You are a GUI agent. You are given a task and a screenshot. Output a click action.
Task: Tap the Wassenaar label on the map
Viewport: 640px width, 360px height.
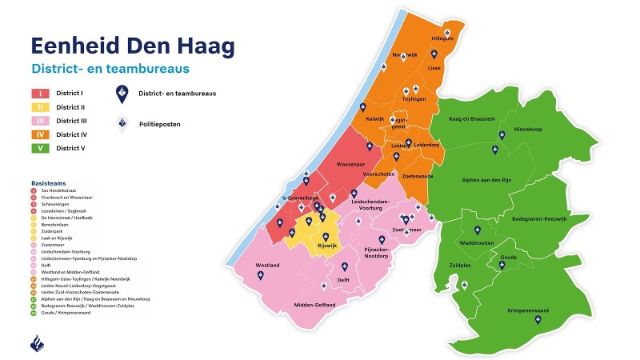click(351, 164)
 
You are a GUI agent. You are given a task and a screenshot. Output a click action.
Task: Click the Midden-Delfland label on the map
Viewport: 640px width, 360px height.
click(315, 305)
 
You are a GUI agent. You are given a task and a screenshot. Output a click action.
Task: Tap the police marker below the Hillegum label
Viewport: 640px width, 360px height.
click(434, 54)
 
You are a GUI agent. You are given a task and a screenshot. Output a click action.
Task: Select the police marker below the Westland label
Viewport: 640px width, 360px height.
click(261, 276)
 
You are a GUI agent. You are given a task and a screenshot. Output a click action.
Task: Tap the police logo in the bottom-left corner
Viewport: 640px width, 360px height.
click(38, 342)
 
